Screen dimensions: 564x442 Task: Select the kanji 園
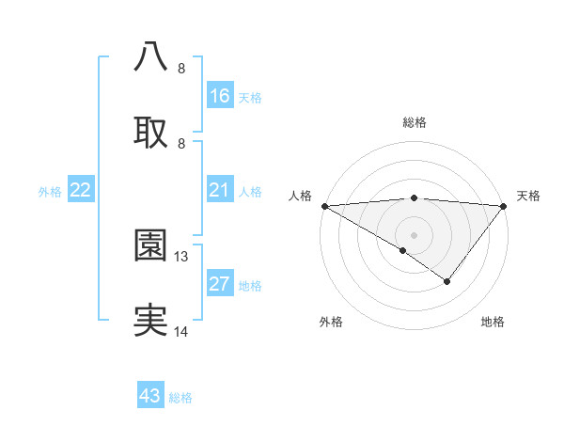coord(151,245)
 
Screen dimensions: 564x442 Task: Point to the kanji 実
coord(151,321)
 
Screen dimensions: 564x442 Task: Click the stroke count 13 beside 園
coord(182,256)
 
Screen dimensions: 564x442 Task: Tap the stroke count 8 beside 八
coord(181,68)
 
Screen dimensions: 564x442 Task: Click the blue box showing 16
coord(219,96)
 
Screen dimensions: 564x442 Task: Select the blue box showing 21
coord(219,191)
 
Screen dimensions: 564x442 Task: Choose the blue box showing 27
coord(219,284)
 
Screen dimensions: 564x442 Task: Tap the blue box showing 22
coord(81,191)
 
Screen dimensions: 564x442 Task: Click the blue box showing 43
coord(150,396)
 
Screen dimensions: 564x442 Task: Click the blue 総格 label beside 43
coord(181,398)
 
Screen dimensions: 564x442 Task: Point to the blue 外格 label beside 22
coord(50,192)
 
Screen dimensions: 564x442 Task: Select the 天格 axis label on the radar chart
coord(529,196)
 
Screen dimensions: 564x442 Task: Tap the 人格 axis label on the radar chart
coord(300,196)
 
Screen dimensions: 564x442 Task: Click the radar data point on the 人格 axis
coord(323,205)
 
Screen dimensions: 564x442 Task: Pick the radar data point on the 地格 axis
coord(447,281)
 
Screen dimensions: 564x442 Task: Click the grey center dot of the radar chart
coord(414,234)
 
